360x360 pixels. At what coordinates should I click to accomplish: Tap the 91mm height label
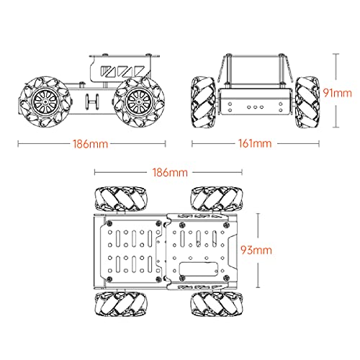click(338, 93)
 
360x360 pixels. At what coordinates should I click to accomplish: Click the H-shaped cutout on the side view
click(92, 103)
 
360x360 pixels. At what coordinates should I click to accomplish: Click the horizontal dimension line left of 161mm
click(216, 143)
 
